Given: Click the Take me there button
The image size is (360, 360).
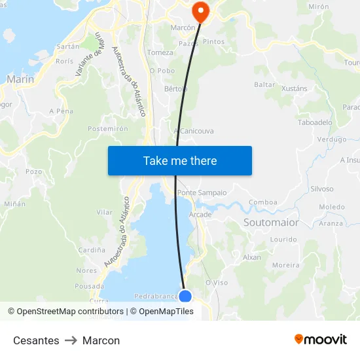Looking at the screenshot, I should [180, 160].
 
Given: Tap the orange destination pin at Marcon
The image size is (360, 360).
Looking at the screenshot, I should [200, 11].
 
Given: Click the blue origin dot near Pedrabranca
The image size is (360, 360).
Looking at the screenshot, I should [185, 297].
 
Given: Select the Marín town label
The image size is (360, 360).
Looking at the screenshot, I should [20, 79].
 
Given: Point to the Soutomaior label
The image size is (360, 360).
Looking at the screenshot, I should [271, 223].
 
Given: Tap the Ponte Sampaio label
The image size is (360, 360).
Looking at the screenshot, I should [202, 192].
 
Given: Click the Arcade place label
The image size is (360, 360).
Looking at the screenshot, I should [200, 215].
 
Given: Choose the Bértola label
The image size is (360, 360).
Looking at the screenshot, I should [175, 88].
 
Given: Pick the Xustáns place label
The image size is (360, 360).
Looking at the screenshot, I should [294, 87].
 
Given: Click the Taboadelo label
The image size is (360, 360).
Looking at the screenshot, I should [315, 122].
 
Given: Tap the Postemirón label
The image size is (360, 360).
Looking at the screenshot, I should [108, 129].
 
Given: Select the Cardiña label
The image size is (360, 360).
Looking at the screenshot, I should [92, 250].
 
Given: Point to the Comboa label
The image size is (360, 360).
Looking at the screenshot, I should [263, 202].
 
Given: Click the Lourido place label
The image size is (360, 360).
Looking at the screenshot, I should [283, 240].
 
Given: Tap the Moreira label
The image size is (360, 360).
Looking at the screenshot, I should [285, 265].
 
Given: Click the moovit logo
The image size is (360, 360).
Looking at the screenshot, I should [321, 340].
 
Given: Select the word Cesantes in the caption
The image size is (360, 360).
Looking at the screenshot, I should [36, 340].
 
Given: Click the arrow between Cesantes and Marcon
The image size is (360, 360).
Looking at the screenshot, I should [71, 340].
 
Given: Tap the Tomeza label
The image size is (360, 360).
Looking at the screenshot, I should [161, 52].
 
